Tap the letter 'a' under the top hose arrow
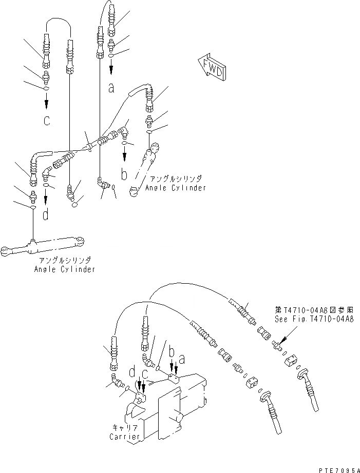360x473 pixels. (111, 88)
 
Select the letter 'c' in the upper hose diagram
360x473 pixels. (47, 122)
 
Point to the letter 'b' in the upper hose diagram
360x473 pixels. (124, 175)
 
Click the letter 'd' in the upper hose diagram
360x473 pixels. (46, 215)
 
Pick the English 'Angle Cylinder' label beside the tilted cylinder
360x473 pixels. (175, 188)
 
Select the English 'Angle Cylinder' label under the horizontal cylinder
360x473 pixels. (65, 269)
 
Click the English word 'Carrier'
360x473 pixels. (124, 437)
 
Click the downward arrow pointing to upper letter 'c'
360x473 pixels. (47, 103)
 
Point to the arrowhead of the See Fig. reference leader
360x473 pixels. (279, 341)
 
